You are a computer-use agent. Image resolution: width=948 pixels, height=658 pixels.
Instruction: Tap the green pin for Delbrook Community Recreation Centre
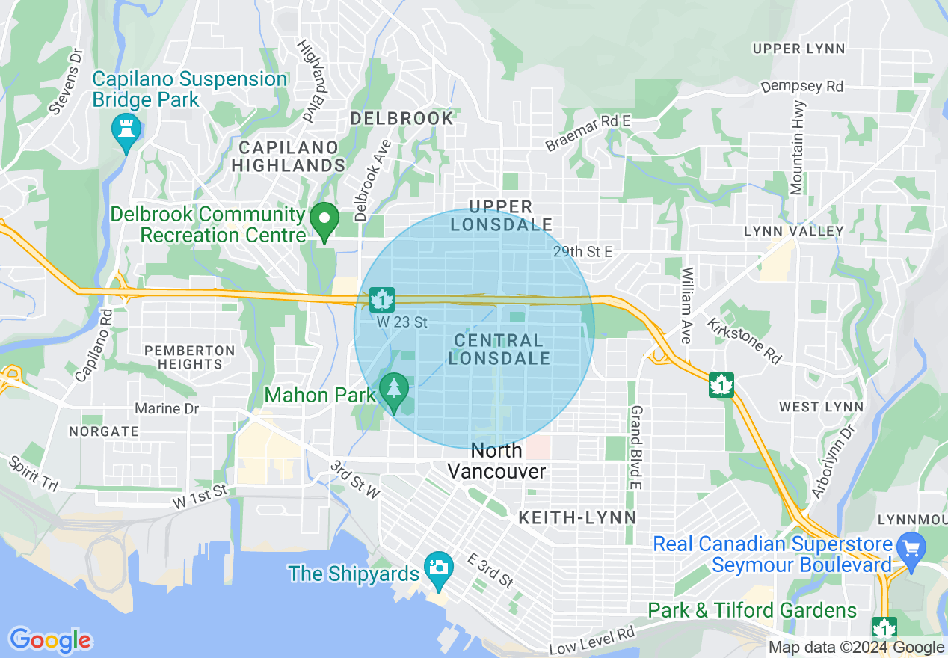tap(325, 220)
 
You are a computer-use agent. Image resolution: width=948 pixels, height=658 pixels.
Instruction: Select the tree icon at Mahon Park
tap(393, 390)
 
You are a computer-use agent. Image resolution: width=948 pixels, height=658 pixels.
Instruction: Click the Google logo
tap(50, 640)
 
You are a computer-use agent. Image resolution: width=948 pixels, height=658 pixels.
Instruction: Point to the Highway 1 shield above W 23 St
tap(382, 300)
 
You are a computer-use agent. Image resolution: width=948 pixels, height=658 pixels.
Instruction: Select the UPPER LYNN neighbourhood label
tap(798, 49)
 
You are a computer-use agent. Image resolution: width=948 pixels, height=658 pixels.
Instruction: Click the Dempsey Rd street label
tap(801, 87)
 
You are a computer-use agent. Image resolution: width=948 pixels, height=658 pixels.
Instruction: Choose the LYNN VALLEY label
tap(793, 232)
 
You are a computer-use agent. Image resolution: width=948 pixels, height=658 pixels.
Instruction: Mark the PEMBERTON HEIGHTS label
tap(190, 357)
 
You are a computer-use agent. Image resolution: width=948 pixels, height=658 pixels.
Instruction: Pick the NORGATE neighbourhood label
tap(103, 431)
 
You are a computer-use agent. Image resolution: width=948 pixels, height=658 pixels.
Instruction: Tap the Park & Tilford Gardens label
tap(752, 610)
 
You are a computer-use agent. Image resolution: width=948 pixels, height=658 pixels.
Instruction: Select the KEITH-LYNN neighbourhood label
tap(577, 517)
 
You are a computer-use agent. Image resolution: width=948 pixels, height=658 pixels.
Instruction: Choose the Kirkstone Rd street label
tap(744, 341)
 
